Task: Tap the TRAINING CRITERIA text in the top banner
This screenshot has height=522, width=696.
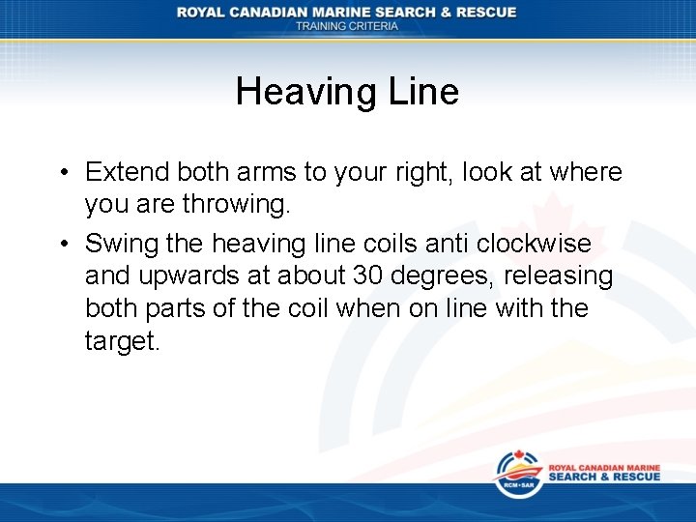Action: coord(347,26)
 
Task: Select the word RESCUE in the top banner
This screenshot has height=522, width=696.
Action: coord(482,12)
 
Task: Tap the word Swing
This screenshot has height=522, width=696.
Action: coord(119,244)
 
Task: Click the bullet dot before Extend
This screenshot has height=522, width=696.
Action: coord(61,173)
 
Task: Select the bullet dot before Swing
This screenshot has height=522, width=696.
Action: coord(61,245)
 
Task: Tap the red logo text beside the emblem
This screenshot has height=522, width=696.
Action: coord(604,472)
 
